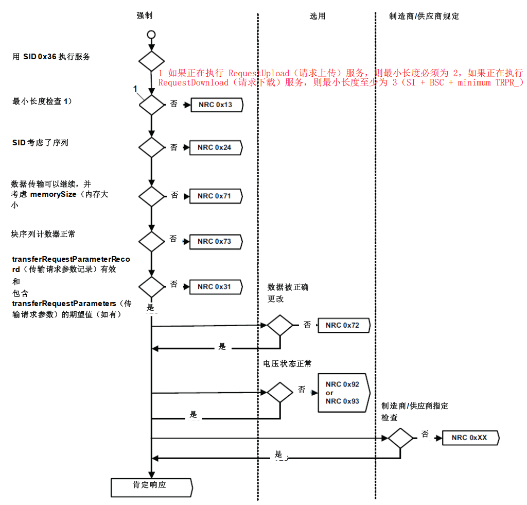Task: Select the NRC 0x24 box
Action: tap(215, 147)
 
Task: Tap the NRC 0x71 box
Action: tap(215, 196)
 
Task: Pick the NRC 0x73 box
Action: tap(215, 241)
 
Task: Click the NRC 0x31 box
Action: tap(215, 287)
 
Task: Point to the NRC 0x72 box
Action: tap(344, 325)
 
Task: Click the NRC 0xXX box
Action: tap(469, 437)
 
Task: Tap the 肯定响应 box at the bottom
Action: tap(151, 485)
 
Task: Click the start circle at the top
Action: tap(151, 35)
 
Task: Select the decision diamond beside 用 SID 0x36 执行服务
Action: tap(151, 61)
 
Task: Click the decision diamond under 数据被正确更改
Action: tap(279, 325)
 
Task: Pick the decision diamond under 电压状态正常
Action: tap(279, 392)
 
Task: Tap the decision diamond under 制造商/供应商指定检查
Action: tap(400, 438)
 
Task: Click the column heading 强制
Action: tap(145, 15)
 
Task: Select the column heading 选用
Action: tap(318, 16)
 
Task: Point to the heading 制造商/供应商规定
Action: tap(424, 16)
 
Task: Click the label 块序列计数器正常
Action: tap(44, 234)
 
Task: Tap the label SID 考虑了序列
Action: tap(40, 142)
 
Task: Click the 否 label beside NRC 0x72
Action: tap(307, 325)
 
